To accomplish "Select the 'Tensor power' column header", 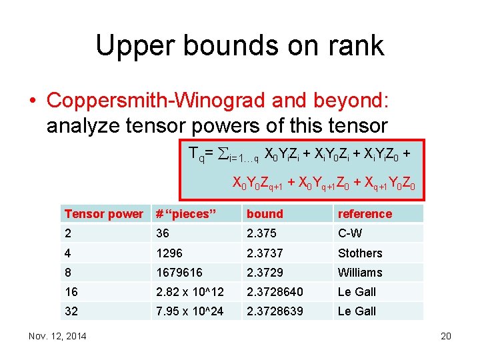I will click(103, 214).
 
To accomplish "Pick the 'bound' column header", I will click(265, 214).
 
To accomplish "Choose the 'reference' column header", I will click(365, 214).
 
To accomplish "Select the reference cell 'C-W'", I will click(351, 233).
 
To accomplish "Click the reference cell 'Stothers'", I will click(360, 253).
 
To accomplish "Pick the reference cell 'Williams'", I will click(360, 272).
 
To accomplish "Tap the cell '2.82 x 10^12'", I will click(191, 291).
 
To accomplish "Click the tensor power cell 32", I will click(71, 311).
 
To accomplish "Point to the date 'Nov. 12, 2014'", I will click(57, 336).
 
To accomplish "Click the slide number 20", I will click(446, 336).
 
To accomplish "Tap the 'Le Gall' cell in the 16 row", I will click(357, 291).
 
